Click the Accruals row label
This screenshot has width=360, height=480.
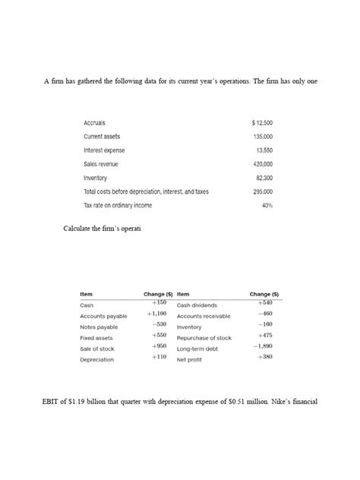click(95, 123)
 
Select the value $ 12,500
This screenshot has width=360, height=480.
click(262, 123)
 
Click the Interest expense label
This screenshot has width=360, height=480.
click(104, 150)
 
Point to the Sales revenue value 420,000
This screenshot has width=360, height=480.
click(263, 164)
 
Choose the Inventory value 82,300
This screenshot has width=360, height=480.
click(264, 178)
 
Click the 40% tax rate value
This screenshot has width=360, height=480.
click(267, 205)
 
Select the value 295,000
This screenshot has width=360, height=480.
click(263, 191)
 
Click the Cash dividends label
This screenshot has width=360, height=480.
click(197, 305)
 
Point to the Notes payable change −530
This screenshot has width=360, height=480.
click(158, 324)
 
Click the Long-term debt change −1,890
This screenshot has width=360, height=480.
click(263, 346)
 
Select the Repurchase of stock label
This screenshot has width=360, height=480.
click(204, 338)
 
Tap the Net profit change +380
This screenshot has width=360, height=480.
click(265, 356)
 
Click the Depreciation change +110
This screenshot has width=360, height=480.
click(158, 356)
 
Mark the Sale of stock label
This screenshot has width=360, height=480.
click(97, 349)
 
